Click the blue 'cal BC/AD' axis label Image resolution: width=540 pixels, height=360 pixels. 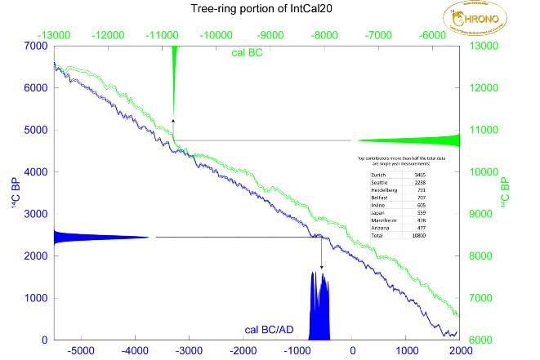[x=274, y=330]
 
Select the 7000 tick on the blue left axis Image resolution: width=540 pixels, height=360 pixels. [x=37, y=46]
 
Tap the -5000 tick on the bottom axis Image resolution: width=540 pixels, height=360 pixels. [x=81, y=351]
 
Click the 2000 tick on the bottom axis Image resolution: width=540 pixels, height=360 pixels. [x=460, y=351]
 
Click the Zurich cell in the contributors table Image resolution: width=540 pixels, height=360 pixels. [x=378, y=175]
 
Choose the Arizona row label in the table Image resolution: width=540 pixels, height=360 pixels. [x=380, y=226]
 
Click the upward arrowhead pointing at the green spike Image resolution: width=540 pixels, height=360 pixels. [x=173, y=121]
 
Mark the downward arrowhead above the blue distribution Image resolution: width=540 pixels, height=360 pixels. [x=321, y=266]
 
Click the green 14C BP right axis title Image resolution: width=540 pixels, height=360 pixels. [x=505, y=193]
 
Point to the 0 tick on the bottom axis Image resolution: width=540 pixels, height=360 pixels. [x=353, y=351]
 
